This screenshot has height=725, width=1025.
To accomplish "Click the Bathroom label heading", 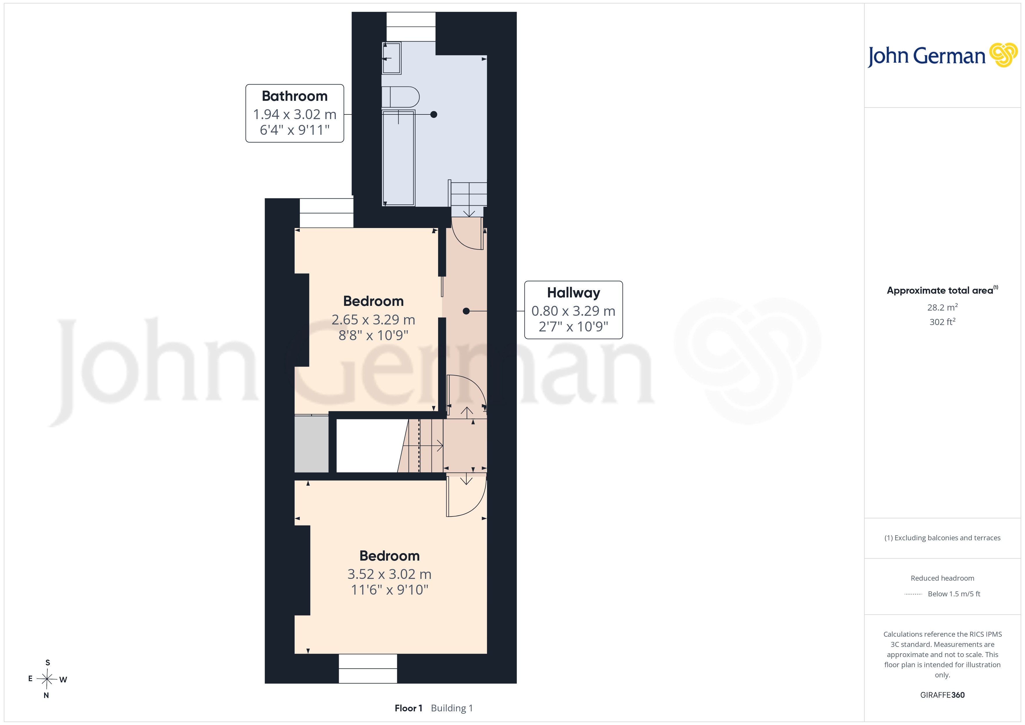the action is pos(295,96).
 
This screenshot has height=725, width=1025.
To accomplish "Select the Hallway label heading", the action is pos(574,293).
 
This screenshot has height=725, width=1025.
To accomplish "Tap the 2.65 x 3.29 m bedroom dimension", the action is pos(373,320).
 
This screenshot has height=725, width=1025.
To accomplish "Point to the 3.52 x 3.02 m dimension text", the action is pos(389,574).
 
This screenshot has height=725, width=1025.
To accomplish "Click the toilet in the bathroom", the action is pos(400,97).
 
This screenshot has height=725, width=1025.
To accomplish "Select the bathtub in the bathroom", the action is pos(399,158).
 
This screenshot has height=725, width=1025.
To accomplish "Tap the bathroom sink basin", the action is pos(392,58).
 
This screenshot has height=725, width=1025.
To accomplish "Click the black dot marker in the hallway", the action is pos(466,311).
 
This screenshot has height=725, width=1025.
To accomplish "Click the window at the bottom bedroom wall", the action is pos(368,669).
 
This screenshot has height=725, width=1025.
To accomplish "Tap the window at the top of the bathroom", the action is pos(411,27).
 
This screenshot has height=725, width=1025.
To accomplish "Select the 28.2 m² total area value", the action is pos(942,307).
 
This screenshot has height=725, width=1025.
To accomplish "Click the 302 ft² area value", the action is pos(942,322).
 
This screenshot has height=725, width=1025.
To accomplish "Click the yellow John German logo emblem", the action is pos(1004,55).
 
